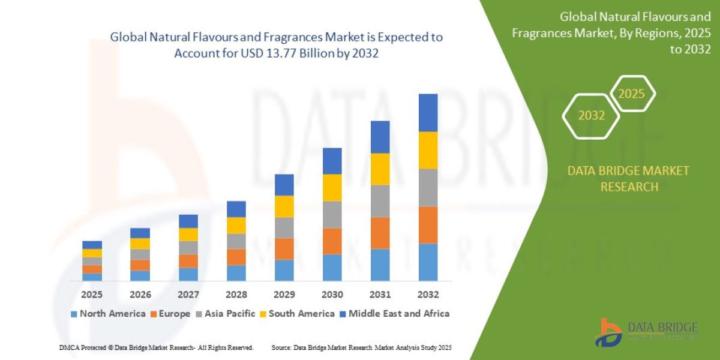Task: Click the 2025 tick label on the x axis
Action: pyautogui.click(x=92, y=295)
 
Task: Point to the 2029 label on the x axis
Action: pyautogui.click(x=284, y=295)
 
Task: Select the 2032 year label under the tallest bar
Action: pyautogui.click(x=428, y=295)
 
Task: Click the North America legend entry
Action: pyautogui.click(x=108, y=313)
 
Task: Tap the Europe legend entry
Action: pyautogui.click(x=170, y=313)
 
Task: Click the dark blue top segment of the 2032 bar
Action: pyautogui.click(x=428, y=113)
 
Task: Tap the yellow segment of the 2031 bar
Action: pyautogui.click(x=380, y=169)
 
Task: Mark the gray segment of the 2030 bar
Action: pyautogui.click(x=332, y=214)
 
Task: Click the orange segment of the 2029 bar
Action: pyautogui.click(x=284, y=248)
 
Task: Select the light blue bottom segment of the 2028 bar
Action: pyautogui.click(x=236, y=273)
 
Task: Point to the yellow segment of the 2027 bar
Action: pyautogui.click(x=188, y=235)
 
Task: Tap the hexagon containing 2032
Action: pyautogui.click(x=591, y=116)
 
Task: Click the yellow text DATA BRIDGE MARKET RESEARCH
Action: pyautogui.click(x=628, y=179)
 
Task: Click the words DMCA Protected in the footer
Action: pyautogui.click(x=83, y=347)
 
